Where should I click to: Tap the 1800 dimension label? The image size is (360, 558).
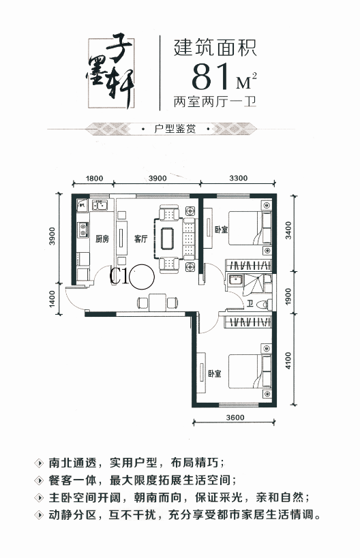(94, 179)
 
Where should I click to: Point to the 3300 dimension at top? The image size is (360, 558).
(238, 179)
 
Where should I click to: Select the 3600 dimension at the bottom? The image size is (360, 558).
(235, 417)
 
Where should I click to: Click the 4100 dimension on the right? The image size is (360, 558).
(288, 360)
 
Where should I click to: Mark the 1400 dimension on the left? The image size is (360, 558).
(52, 299)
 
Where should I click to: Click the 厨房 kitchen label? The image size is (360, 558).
(102, 238)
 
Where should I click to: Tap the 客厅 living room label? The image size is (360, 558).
(140, 238)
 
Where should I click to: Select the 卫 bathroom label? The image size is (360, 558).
(250, 303)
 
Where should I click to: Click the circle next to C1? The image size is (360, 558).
(142, 277)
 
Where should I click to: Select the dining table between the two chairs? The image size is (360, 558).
(158, 303)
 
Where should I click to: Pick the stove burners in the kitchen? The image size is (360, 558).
(83, 230)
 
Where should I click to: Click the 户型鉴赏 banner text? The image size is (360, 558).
(175, 129)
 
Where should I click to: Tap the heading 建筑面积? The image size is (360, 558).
(215, 48)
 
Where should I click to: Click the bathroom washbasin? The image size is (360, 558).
(235, 280)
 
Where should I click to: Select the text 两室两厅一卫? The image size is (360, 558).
(215, 102)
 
